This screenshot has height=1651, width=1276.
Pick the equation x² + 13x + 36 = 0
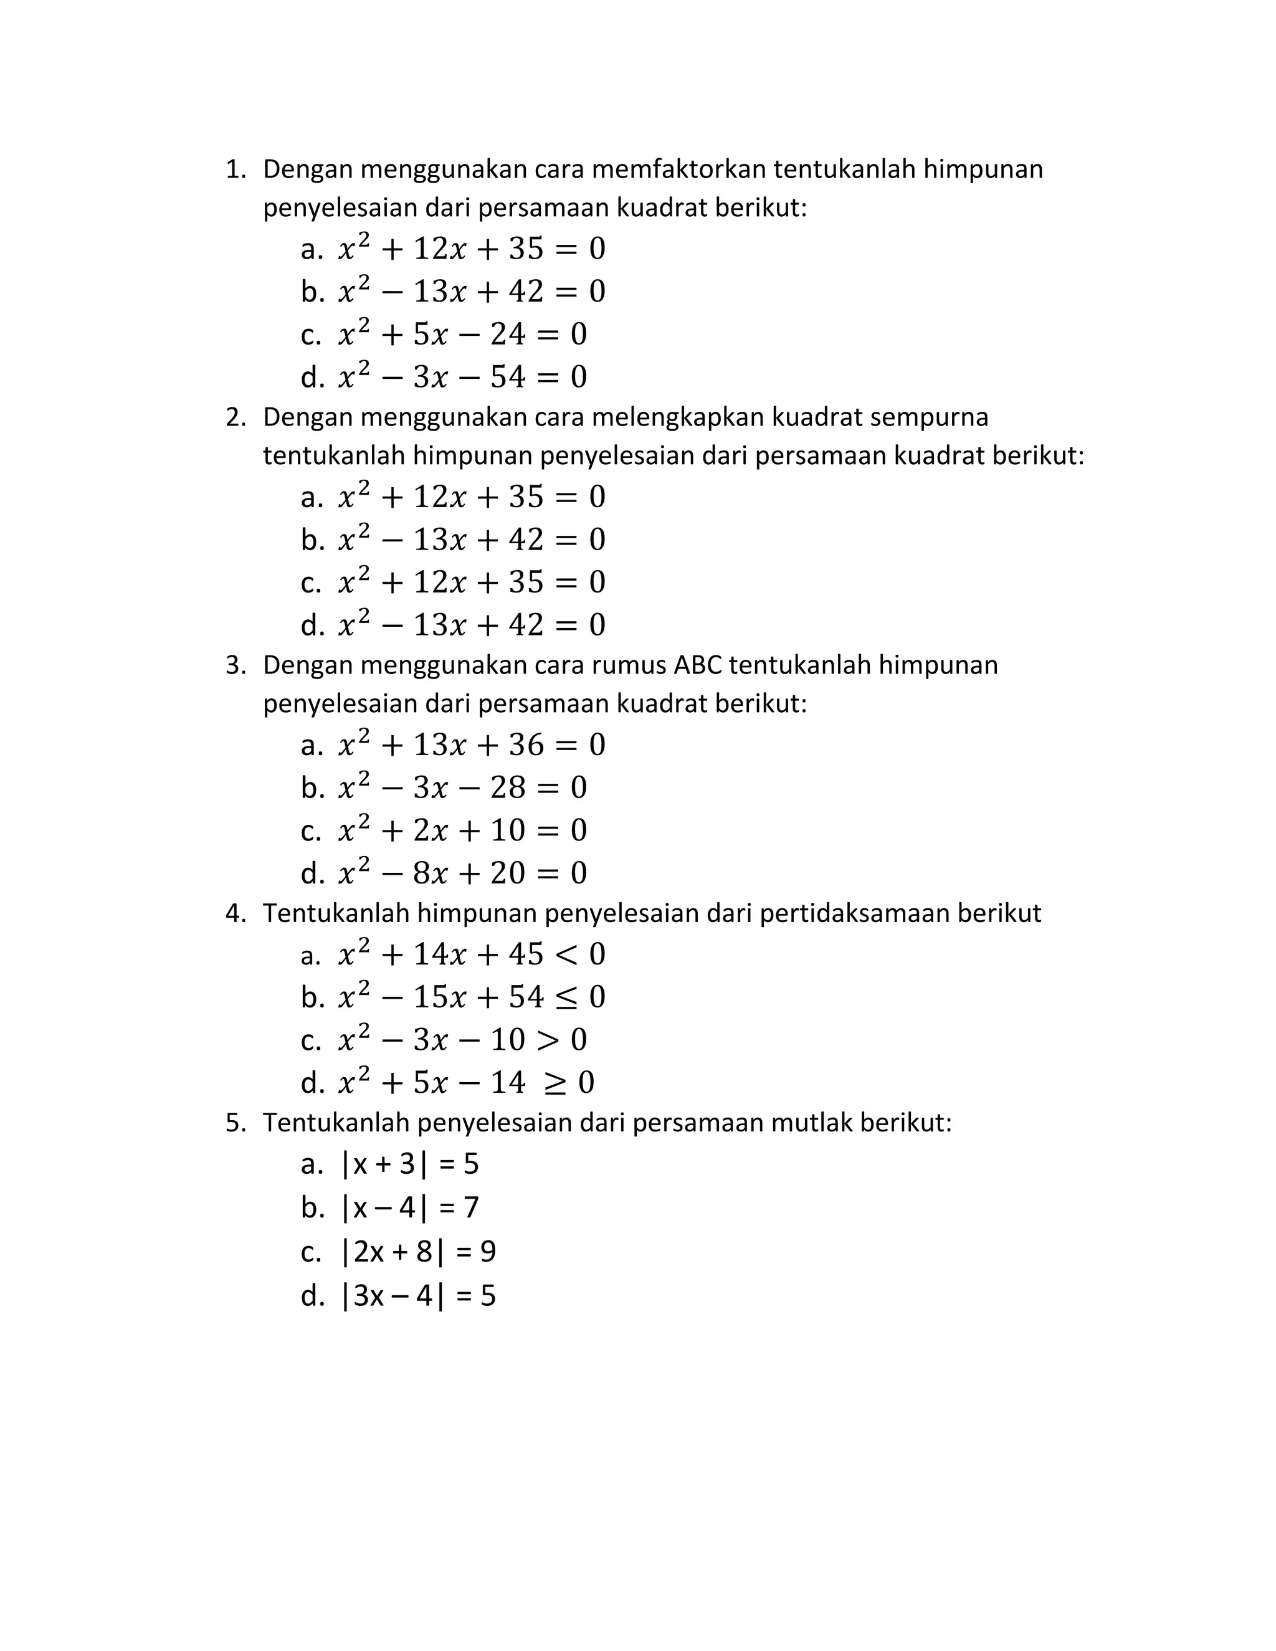point(472,745)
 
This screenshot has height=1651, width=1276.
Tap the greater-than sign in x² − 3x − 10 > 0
point(547,1041)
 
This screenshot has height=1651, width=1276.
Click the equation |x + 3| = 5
point(410,1164)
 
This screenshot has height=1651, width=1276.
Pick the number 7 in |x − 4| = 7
point(471,1207)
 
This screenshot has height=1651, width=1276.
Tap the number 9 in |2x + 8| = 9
point(488,1252)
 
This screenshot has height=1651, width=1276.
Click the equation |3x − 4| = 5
point(419,1296)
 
